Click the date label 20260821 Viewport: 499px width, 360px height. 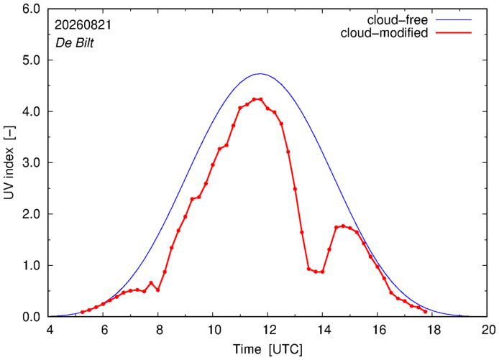click(83, 25)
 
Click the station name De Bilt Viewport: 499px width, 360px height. click(75, 43)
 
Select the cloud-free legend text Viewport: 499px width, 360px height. click(397, 20)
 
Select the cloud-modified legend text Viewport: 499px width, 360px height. click(384, 33)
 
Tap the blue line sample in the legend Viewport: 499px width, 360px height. click(454, 19)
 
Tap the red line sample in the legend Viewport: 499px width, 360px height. click(454, 32)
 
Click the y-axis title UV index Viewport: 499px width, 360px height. click(9, 163)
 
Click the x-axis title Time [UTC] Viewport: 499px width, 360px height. click(267, 349)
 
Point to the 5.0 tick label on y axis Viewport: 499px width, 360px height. click(31, 60)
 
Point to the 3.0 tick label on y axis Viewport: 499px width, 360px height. click(31, 162)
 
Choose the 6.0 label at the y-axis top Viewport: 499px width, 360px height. click(31, 9)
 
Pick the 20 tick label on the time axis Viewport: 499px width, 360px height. click(487, 330)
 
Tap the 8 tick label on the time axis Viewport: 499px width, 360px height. click(158, 330)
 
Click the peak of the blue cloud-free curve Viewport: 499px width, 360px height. click(260, 74)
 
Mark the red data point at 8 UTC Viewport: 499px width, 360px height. click(158, 290)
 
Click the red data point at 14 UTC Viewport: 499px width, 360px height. click(322, 272)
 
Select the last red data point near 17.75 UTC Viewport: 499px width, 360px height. click(425, 312)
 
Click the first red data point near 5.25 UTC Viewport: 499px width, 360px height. click(83, 312)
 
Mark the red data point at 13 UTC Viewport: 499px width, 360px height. click(295, 189)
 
